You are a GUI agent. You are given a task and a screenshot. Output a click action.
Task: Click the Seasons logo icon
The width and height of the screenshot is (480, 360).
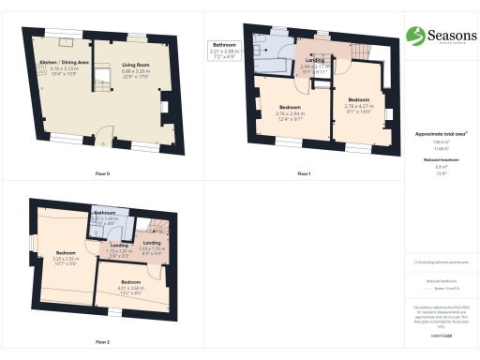[414, 36]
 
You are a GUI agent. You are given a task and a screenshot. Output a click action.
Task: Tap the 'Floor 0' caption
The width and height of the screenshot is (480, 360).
[103, 174]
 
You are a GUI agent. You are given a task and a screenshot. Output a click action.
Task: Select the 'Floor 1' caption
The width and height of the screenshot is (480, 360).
[303, 174]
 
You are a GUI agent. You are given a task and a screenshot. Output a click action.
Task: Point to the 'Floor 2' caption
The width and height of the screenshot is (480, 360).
[103, 341]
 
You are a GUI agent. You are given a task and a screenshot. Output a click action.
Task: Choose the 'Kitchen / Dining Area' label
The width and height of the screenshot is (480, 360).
[63, 64]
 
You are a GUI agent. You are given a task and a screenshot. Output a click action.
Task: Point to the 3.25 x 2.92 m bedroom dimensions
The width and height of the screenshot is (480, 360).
[65, 258]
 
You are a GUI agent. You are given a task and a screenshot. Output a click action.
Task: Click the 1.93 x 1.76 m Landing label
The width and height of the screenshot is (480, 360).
[153, 248]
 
